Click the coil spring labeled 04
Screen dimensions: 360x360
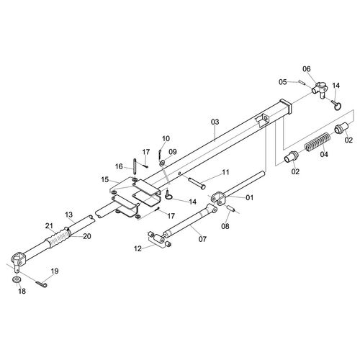(x=318, y=142)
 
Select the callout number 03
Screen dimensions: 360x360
(x=215, y=122)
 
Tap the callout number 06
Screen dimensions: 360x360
(x=307, y=69)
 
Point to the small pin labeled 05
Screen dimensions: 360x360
(x=302, y=82)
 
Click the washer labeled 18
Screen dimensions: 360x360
(x=17, y=279)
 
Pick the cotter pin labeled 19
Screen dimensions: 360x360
(x=42, y=284)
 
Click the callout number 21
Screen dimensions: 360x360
(x=49, y=225)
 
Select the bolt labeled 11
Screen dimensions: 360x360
(x=197, y=183)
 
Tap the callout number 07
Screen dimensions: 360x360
(x=202, y=239)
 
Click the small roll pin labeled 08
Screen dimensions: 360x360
(x=231, y=208)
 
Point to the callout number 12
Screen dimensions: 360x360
(x=138, y=248)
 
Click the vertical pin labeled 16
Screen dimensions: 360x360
(x=135, y=166)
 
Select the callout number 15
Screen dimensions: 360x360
(x=105, y=179)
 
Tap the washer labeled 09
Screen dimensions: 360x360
(x=162, y=163)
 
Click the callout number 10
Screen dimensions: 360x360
(x=166, y=138)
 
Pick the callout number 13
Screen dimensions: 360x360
(x=69, y=215)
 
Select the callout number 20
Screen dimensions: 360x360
(x=87, y=236)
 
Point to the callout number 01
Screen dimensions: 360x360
(x=250, y=197)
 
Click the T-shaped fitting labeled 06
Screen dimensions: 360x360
(x=320, y=89)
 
